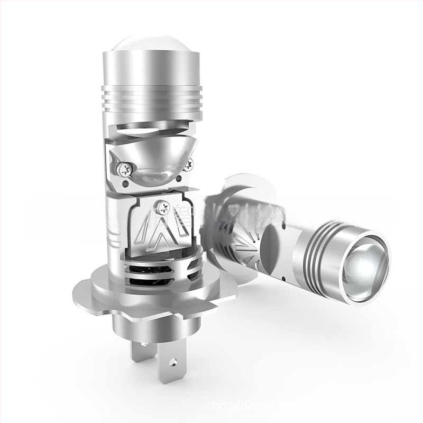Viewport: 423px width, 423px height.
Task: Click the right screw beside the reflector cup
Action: (188, 165)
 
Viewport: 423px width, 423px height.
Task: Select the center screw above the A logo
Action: (160, 203)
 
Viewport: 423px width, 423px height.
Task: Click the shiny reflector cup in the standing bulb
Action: (153, 159)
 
